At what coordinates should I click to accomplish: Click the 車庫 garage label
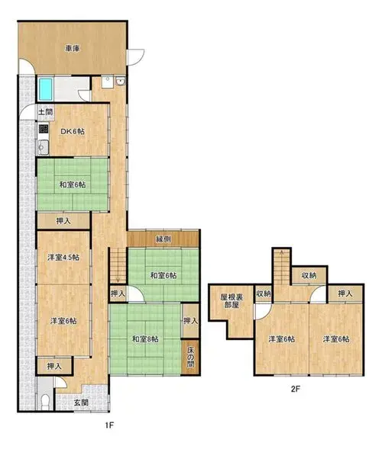click(72, 49)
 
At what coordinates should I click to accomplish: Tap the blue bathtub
click(46, 89)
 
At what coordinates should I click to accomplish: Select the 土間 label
click(45, 111)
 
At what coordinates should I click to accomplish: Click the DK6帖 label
click(73, 131)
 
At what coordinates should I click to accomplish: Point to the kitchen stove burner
click(44, 129)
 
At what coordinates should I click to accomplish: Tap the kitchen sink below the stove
click(44, 147)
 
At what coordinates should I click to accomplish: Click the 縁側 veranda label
click(163, 239)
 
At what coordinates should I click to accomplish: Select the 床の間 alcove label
click(190, 357)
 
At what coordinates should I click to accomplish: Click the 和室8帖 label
click(145, 339)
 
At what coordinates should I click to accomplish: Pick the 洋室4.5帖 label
click(63, 258)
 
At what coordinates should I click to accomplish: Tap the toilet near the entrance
click(45, 402)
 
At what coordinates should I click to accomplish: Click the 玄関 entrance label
click(81, 402)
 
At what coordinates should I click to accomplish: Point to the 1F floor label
click(109, 425)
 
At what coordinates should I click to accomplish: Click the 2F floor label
click(296, 389)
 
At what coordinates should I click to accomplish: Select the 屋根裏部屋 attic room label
click(231, 300)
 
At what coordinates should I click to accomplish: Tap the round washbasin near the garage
click(121, 82)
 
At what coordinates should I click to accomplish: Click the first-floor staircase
click(118, 265)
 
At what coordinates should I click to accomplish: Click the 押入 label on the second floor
click(345, 293)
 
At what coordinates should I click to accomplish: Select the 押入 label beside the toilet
click(54, 366)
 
